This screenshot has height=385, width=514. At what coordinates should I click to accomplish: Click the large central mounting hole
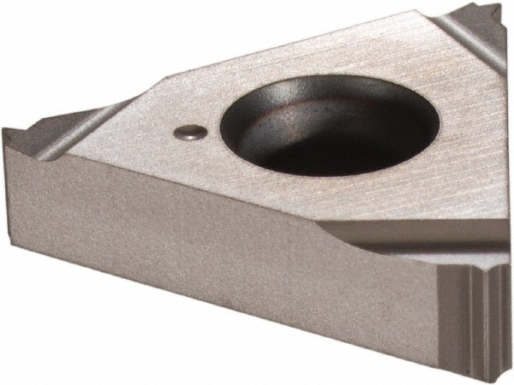pos(301,124)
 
